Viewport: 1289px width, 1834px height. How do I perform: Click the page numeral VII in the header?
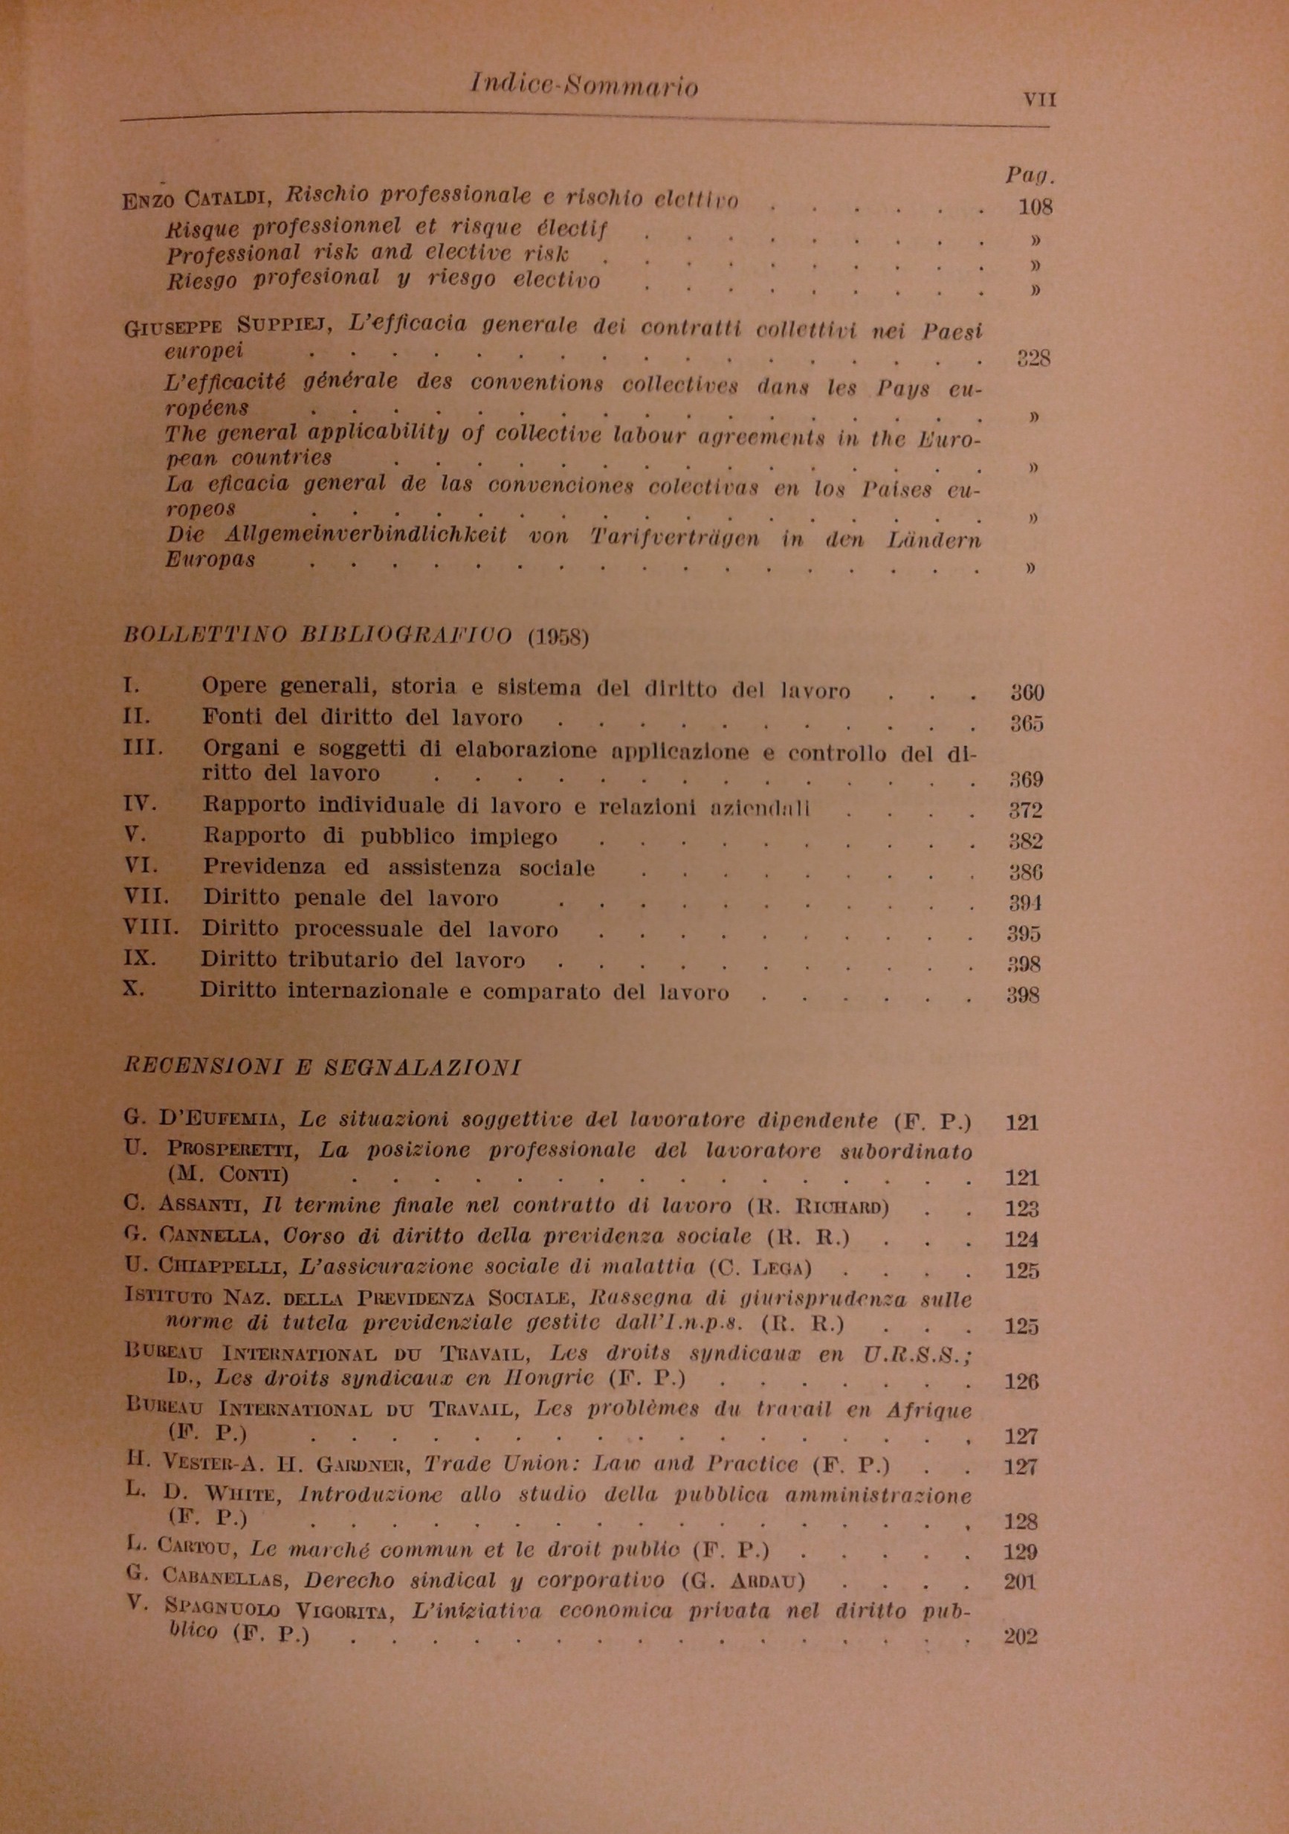pyautogui.click(x=1038, y=100)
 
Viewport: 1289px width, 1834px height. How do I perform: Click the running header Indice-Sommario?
pyautogui.click(x=584, y=86)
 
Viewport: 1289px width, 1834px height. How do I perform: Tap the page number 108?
pyautogui.click(x=1035, y=207)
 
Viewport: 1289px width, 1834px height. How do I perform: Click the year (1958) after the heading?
pyautogui.click(x=558, y=639)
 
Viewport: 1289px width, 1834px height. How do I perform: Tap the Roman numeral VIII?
pyautogui.click(x=150, y=927)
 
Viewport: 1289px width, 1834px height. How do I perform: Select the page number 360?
pyautogui.click(x=1027, y=692)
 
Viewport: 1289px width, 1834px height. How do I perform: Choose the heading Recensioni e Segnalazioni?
pyautogui.click(x=323, y=1067)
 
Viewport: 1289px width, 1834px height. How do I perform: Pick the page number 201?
pyautogui.click(x=1021, y=1582)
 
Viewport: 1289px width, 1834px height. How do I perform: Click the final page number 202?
pyautogui.click(x=1020, y=1637)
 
